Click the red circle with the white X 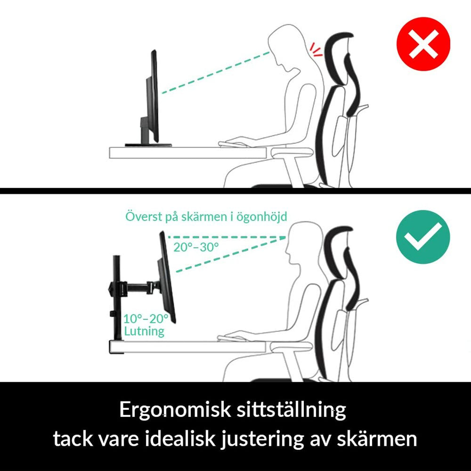pyautogui.click(x=422, y=45)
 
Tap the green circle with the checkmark pyautogui.click(x=422, y=237)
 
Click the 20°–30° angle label pyautogui.click(x=196, y=247)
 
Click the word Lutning pyautogui.click(x=144, y=331)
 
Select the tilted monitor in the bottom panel pyautogui.click(x=168, y=278)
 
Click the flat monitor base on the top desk pyautogui.click(x=147, y=145)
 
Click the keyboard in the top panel pyautogui.click(x=238, y=141)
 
